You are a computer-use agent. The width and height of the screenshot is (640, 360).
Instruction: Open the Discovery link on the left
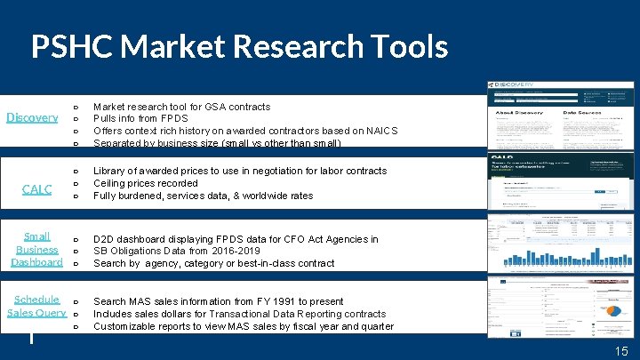(x=32, y=117)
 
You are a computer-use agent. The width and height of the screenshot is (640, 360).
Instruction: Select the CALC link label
(x=36, y=188)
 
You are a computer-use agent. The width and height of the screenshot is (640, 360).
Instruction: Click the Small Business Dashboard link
(x=36, y=249)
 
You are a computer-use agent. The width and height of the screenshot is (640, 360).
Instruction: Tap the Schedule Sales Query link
(x=36, y=306)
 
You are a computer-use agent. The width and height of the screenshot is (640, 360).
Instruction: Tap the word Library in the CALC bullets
(x=111, y=171)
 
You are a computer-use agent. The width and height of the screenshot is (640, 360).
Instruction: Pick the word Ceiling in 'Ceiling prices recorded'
(x=111, y=183)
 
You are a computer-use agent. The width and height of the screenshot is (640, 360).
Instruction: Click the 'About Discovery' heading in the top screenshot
(x=517, y=114)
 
